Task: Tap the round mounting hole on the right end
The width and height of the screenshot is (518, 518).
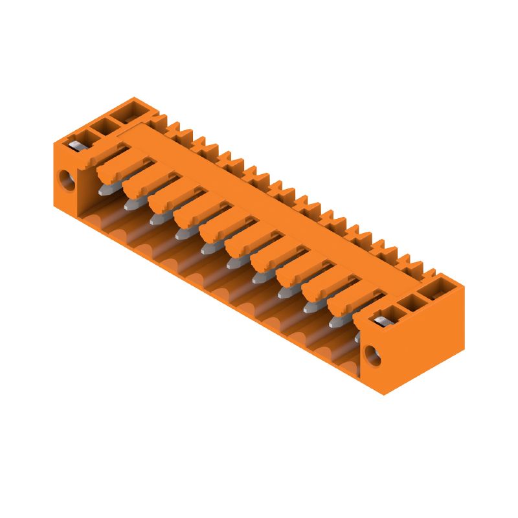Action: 372,354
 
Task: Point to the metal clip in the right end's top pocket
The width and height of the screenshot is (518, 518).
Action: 381,319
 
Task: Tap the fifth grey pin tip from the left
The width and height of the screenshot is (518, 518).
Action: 207,247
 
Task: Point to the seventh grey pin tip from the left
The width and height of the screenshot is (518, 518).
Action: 259,276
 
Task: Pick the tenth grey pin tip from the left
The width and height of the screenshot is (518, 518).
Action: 336,321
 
